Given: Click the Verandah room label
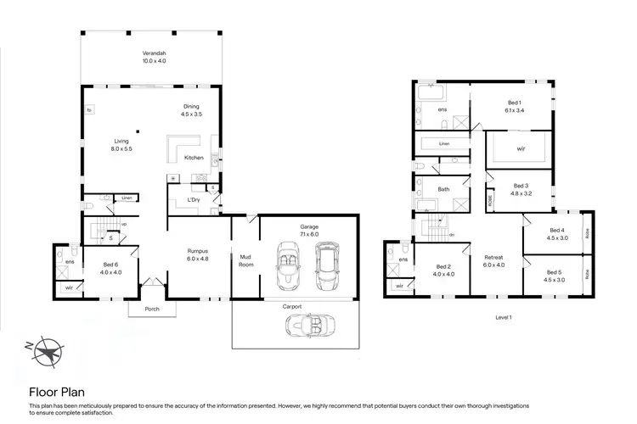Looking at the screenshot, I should [x=154, y=57].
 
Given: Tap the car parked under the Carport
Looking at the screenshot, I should [x=306, y=325].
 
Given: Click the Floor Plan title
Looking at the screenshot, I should [x=58, y=392].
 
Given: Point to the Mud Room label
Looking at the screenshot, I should [x=246, y=260].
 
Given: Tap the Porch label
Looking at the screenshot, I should [x=152, y=309].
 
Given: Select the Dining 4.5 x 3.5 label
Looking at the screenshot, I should [x=190, y=109].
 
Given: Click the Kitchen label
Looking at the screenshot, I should [x=194, y=158].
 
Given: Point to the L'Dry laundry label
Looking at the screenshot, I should [x=194, y=199].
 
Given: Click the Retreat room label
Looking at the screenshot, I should [x=493, y=260].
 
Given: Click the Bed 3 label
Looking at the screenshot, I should [x=521, y=189].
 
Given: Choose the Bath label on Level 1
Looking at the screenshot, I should [x=443, y=189].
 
